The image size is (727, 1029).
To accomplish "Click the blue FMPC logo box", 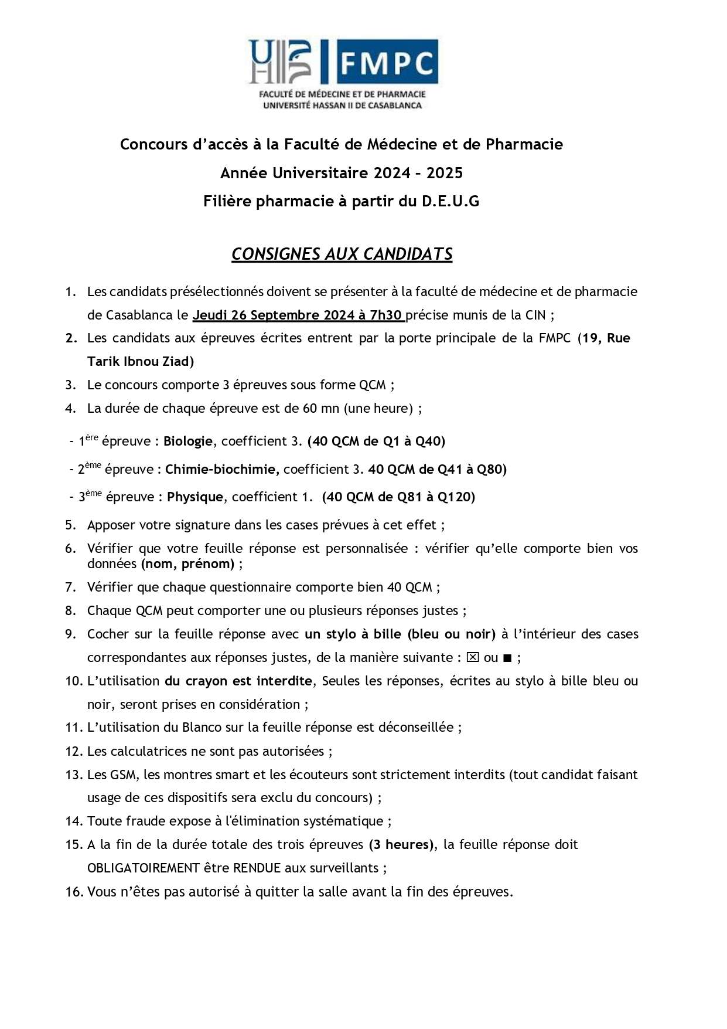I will pos(387,62).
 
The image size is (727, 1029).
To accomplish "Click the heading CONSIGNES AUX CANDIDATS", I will pos(342,254).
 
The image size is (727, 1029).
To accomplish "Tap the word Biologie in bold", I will pos(187,442).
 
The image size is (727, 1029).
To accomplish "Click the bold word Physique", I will pos(194,497).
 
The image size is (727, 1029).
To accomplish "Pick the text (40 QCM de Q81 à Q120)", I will pos(398,497).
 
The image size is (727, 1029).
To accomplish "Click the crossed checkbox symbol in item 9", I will pos(472,658).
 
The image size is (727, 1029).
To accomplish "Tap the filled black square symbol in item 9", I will pos(507,658).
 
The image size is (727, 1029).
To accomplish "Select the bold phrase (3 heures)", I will pos(401,845).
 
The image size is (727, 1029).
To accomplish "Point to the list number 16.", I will pos(73,892).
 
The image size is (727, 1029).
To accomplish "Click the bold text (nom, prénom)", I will pos(187,564).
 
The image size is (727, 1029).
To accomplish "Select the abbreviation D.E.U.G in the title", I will pos(450,201).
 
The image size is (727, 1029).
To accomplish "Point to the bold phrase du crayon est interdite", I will pos(238,681).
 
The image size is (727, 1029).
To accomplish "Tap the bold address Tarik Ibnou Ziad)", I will pos(141,361).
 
